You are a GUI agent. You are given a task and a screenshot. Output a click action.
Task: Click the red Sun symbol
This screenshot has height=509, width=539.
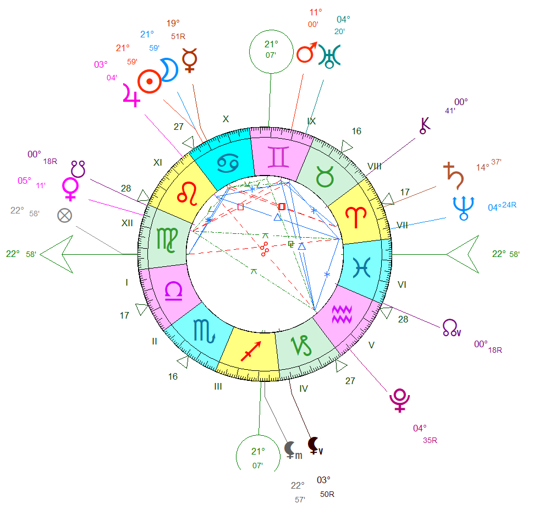(x=150, y=81)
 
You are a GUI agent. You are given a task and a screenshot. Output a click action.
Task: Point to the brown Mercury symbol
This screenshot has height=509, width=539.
(x=189, y=60)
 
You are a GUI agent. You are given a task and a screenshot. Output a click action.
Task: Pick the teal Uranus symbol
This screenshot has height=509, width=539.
(x=329, y=56)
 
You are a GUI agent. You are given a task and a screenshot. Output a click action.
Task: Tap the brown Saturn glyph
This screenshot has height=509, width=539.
(x=454, y=176)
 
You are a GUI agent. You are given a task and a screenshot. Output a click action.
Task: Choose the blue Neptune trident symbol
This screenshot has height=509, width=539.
(x=463, y=209)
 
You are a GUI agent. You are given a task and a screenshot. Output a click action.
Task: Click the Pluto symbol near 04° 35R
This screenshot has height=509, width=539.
(x=399, y=401)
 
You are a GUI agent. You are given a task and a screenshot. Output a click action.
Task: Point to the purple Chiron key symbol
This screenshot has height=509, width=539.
(x=425, y=125)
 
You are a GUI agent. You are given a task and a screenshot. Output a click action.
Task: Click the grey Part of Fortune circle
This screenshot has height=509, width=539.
(x=65, y=216)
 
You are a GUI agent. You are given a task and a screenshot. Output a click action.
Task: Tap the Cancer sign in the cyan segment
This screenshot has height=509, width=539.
(x=228, y=163)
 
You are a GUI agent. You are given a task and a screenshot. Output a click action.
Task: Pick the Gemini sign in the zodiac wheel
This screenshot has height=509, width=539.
(x=278, y=157)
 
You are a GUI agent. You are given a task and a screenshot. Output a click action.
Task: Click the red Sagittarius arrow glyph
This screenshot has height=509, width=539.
(x=251, y=351)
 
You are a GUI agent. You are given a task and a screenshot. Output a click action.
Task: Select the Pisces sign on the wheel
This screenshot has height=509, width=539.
(x=361, y=267)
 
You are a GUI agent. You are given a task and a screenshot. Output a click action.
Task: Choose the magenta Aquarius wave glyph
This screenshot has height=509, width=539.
(x=342, y=314)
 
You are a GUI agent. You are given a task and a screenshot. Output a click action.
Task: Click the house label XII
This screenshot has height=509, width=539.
(x=127, y=223)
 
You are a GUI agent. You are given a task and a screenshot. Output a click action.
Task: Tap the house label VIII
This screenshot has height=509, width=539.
(x=375, y=166)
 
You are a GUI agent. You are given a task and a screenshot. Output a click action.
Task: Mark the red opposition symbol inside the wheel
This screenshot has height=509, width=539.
(x=265, y=249)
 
